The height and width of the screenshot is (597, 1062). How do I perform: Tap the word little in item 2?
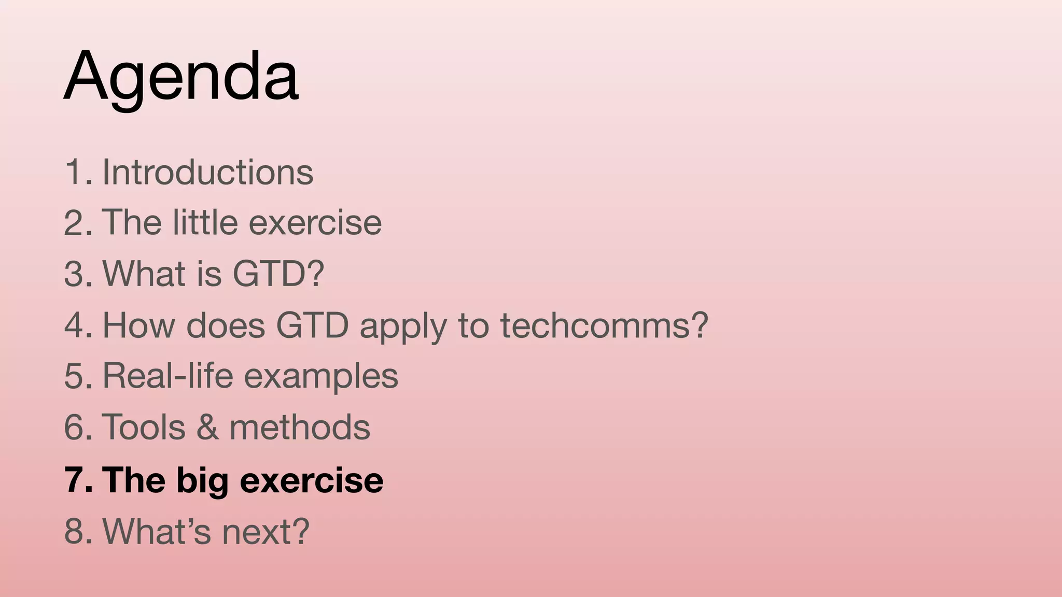point(204,222)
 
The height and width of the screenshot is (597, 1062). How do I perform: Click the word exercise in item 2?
point(315,222)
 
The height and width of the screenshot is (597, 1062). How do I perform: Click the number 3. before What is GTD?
point(78,273)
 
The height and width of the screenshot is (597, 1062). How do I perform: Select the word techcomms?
point(604,325)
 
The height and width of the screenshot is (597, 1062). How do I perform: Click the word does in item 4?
point(226,325)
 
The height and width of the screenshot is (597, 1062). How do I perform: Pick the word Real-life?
point(168,375)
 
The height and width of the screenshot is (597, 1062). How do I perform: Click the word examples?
point(321,376)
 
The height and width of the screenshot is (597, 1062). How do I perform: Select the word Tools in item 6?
point(144,427)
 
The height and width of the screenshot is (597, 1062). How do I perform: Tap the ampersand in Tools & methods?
point(207,427)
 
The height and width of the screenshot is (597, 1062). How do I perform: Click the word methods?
point(300,427)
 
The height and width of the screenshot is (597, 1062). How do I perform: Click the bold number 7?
point(78,479)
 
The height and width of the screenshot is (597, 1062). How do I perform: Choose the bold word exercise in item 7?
point(312,479)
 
